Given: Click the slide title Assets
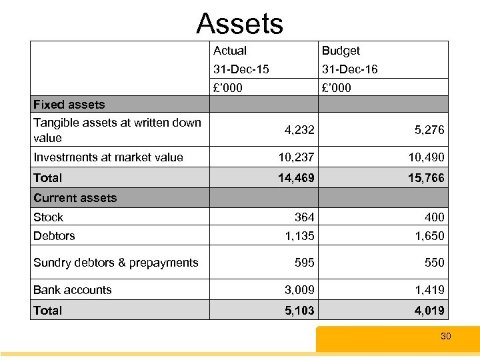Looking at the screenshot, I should pyautogui.click(x=240, y=24).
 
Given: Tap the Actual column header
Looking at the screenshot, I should pyautogui.click(x=229, y=51).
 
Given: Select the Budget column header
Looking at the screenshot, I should pyautogui.click(x=341, y=51).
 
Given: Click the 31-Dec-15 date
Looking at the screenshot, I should pyautogui.click(x=241, y=69).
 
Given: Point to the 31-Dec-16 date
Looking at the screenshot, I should pyautogui.click(x=349, y=69).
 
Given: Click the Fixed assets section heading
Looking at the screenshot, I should pyautogui.click(x=69, y=105).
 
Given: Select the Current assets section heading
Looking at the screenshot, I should pyautogui.click(x=75, y=198).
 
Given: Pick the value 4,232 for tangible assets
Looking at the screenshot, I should pyautogui.click(x=299, y=131).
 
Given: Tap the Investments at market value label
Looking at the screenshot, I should pyautogui.click(x=108, y=157).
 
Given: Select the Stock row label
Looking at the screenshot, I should pyautogui.click(x=48, y=217).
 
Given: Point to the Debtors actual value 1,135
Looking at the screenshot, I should pyautogui.click(x=299, y=235).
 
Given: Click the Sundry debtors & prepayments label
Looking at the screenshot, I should pyautogui.click(x=115, y=263).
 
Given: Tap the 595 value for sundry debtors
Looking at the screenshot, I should pyautogui.click(x=305, y=263).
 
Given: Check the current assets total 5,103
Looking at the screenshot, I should pyautogui.click(x=299, y=311).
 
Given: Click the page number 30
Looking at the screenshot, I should pyautogui.click(x=445, y=337).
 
